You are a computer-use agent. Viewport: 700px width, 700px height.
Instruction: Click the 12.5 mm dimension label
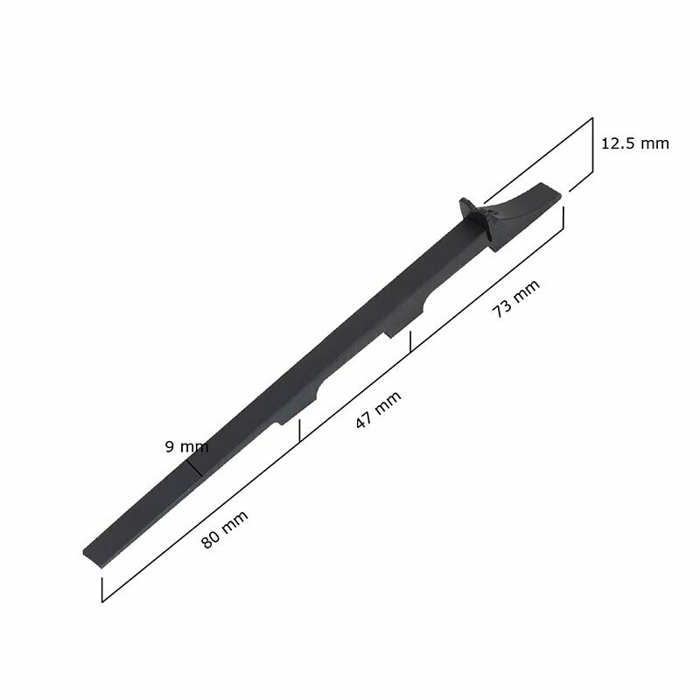coord(635,143)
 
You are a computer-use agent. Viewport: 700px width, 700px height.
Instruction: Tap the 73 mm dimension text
coord(515,298)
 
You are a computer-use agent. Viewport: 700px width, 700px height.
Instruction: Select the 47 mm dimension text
coord(378,409)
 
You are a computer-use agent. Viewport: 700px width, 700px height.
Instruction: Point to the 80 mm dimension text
coord(225,529)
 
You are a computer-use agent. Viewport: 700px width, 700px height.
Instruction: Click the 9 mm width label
coord(186,446)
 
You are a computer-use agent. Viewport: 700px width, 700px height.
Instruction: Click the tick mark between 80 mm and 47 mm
coord(300,430)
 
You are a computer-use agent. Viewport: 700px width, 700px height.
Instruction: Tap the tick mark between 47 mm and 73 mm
coord(410,342)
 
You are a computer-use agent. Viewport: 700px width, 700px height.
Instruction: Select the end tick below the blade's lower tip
coord(102,590)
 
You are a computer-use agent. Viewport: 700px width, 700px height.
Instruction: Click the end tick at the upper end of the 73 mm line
coord(563,217)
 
